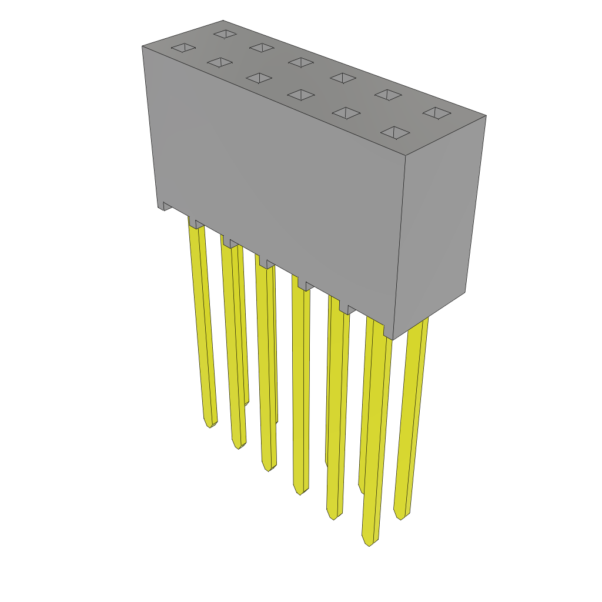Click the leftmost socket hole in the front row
183,48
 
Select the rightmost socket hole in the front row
395,133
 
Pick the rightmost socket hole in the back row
437,113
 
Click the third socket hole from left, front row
259,78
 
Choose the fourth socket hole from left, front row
301,95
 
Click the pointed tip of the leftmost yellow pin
210,424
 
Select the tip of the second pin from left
238,446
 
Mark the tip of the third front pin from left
269,469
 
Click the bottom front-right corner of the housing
392,339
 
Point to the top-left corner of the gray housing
143,46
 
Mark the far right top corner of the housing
486,116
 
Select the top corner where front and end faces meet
406,156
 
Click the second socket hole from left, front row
220,62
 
